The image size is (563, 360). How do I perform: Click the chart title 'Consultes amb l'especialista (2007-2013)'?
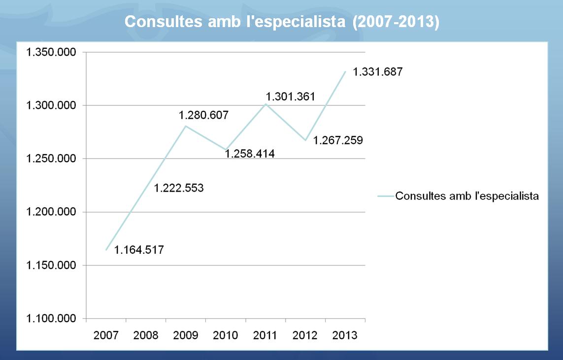tap(281, 22)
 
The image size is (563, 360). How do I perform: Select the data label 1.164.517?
tap(139, 250)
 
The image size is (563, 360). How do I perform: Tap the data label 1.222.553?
tap(179, 188)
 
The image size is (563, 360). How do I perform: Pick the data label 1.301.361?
tap(290, 97)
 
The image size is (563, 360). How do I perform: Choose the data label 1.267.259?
tap(338, 140)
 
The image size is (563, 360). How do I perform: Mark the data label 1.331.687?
tap(378, 72)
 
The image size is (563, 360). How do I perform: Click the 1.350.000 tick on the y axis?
tap(51, 52)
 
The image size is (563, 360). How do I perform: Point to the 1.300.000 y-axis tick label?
tap(51, 105)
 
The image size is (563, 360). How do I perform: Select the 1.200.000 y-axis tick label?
tap(51, 212)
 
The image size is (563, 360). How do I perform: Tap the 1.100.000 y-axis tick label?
tap(51, 319)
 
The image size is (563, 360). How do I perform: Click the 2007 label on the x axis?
tap(106, 335)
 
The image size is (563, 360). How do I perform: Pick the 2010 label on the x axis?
tap(226, 335)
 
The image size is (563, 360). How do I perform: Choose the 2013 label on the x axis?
tap(345, 335)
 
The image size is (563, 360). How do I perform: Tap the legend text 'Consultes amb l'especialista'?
tap(467, 196)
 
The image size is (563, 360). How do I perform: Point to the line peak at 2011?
tap(265, 104)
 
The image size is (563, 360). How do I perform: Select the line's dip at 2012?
tap(305, 140)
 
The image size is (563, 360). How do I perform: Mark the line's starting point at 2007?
tap(106, 250)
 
